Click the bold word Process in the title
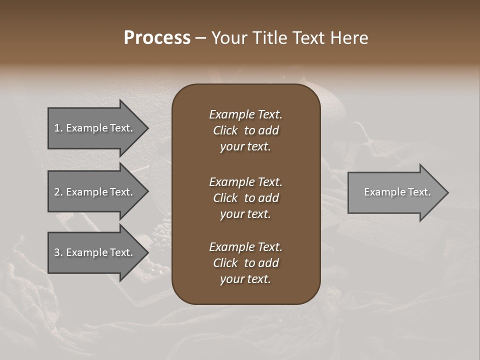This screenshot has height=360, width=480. pos(157,38)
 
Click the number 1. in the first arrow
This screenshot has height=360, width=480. pos(58,128)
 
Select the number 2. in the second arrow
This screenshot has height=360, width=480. pos(58,192)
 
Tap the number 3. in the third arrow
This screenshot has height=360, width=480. pos(58,252)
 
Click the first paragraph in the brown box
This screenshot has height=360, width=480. pos(245,130)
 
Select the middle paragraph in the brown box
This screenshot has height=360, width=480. pos(245,198)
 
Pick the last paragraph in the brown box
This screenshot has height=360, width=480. pos(245,263)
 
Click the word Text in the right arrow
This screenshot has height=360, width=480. pos(419,192)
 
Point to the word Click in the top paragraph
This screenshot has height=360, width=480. pos(225,131)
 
